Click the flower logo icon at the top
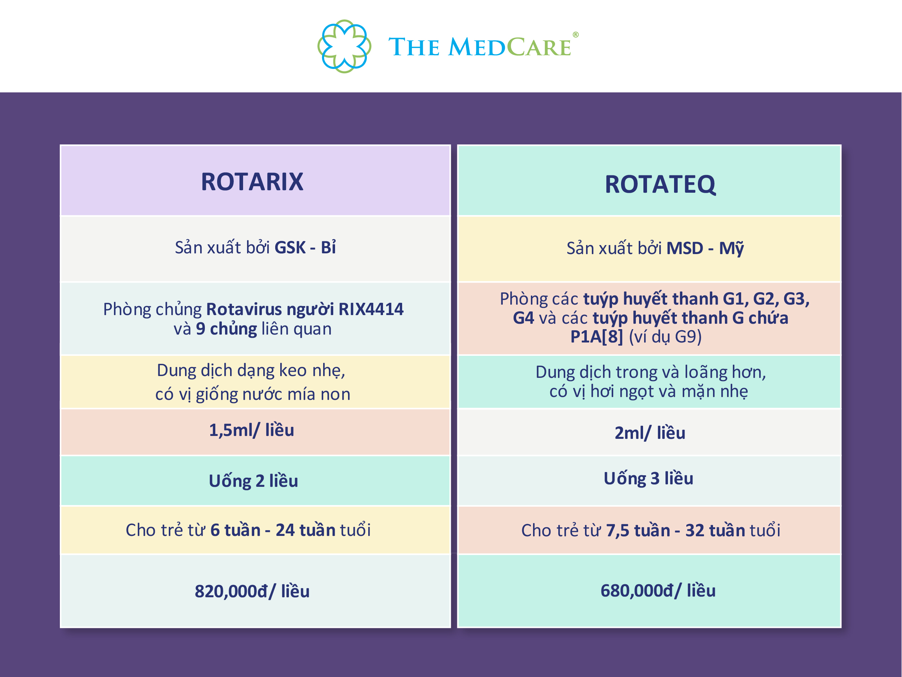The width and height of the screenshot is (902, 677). [344, 46]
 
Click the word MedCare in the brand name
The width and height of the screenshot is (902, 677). [510, 47]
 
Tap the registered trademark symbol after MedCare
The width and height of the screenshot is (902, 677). [575, 35]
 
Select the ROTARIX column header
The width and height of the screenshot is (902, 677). [252, 182]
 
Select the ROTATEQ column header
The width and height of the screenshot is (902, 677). [660, 184]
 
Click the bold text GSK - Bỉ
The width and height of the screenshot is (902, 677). [305, 248]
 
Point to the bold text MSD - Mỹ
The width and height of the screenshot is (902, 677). [705, 249]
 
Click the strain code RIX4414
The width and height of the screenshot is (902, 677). [371, 309]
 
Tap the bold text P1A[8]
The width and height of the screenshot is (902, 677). [596, 337]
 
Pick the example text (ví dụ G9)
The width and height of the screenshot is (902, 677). [665, 337]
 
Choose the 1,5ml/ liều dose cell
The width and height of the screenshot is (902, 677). [252, 431]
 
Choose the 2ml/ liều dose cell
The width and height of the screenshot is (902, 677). [650, 433]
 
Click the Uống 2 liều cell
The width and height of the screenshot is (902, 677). [253, 481]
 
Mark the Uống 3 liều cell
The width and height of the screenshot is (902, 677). [648, 479]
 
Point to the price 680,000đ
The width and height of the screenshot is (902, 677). [637, 591]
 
